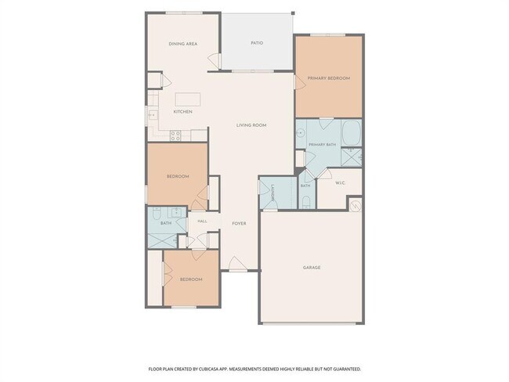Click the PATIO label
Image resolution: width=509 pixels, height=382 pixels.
click(257, 43)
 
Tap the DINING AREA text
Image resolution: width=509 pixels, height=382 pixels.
click(183, 44)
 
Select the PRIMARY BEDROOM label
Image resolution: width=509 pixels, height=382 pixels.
click(329, 78)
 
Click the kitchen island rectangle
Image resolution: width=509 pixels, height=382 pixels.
click(188, 99)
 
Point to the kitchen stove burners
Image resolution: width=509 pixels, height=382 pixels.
click(175, 135)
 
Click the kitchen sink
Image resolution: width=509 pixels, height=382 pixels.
click(153, 115)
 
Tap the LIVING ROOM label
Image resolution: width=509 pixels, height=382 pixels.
click(251, 125)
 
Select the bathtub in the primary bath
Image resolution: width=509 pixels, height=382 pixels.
click(352, 133)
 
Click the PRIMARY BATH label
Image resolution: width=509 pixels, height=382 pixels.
click(323, 145)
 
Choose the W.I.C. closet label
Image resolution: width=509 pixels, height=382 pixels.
click(340, 183)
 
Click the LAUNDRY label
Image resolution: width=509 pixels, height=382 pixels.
click(273, 193)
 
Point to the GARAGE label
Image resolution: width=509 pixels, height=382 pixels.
click(312, 268)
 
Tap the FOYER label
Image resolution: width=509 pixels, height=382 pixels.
click(239, 224)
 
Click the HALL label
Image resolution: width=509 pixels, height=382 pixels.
click(202, 222)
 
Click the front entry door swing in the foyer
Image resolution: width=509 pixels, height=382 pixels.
click(237, 264)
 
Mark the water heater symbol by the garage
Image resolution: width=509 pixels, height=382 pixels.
click(356, 205)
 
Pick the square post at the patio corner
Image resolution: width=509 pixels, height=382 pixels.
click(293, 13)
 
